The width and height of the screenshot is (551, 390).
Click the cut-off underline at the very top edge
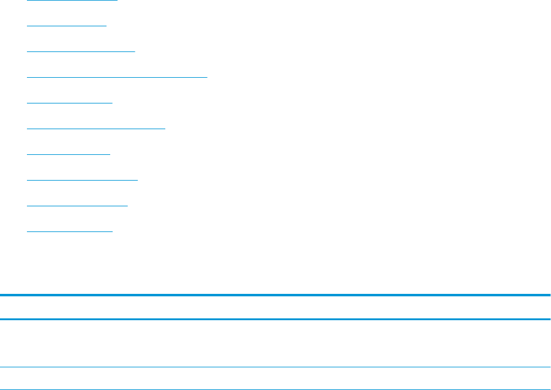coord(72,1)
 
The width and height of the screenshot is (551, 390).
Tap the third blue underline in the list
coord(81,52)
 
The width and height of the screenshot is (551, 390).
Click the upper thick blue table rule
coord(275,296)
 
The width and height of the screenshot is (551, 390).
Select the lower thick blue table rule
coord(275,319)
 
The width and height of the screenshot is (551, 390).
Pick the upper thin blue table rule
coord(275,367)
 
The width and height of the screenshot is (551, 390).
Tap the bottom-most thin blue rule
coord(275,389)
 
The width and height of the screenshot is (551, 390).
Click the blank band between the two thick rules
coord(275,307)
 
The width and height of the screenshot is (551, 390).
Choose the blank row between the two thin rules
coord(275,378)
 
